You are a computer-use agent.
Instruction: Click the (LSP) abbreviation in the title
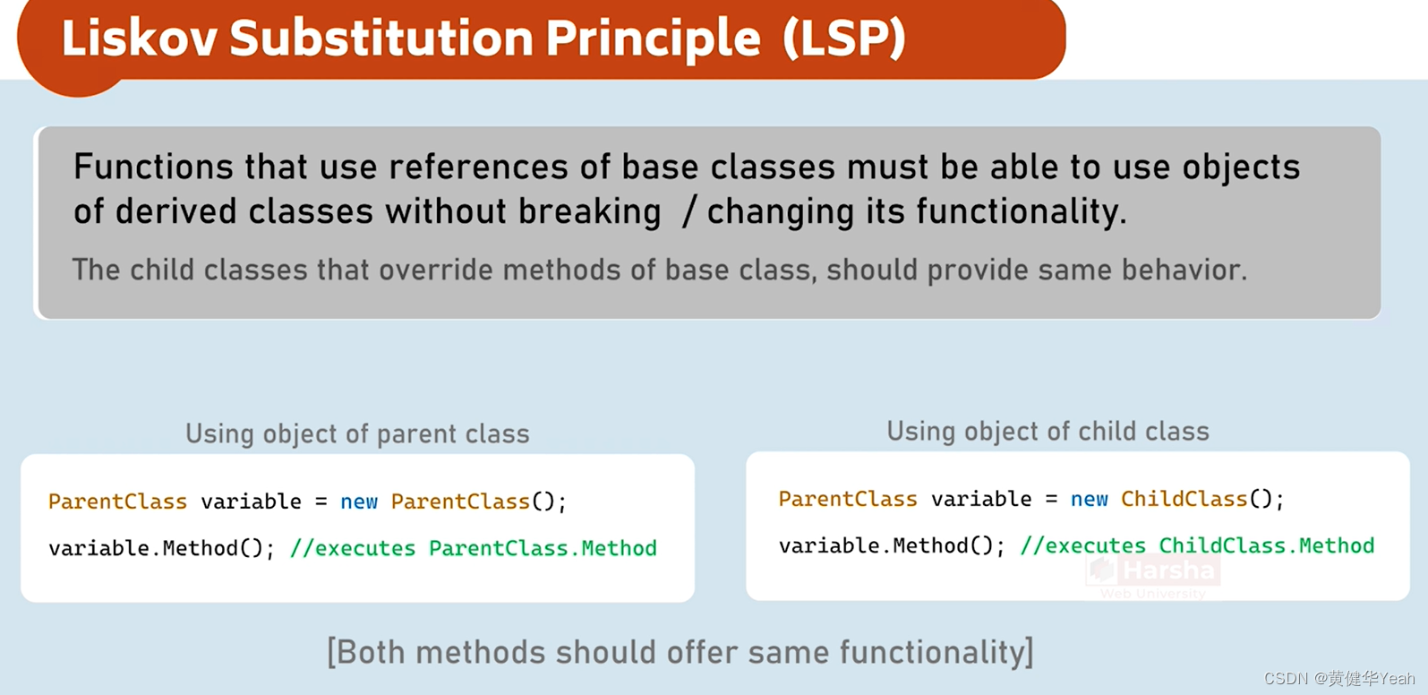[x=843, y=39]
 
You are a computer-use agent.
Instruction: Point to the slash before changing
[x=688, y=212]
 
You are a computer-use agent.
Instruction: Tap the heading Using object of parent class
[x=357, y=434]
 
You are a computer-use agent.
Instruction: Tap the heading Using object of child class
[x=1047, y=432]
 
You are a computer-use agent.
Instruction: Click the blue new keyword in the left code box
[x=359, y=502]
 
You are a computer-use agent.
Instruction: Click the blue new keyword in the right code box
[x=1090, y=499]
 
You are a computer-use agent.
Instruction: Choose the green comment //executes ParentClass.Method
[x=473, y=548]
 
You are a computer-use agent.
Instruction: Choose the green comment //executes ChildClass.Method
[x=1197, y=545]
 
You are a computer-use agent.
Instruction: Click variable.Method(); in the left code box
[x=161, y=548]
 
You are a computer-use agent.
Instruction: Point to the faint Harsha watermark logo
[x=1153, y=573]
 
